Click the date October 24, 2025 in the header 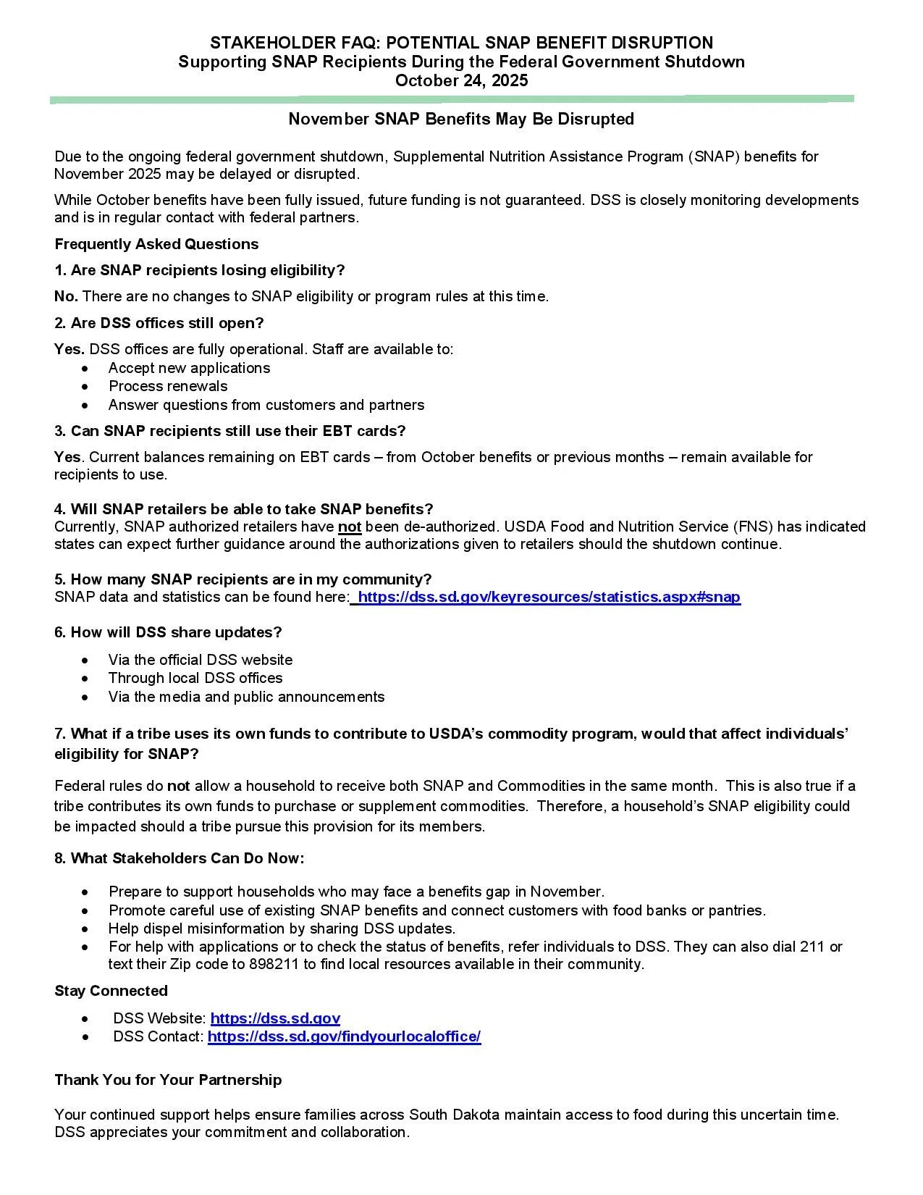tap(461, 80)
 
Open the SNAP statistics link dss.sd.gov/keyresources tap(549, 597)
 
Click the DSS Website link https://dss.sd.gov tap(275, 1018)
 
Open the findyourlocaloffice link tap(344, 1036)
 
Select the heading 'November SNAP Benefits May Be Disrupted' tap(461, 119)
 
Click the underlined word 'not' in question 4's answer tap(350, 527)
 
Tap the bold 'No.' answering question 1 tap(67, 296)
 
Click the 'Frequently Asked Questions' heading tap(156, 244)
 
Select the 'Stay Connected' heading tap(111, 991)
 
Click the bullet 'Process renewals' tap(168, 386)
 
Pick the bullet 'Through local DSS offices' tap(195, 678)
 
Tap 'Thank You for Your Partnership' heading tap(168, 1080)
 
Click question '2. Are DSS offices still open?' tap(159, 322)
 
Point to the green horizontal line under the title tap(452, 99)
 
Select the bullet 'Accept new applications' tap(189, 368)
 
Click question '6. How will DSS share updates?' tap(168, 632)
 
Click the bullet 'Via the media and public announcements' tap(246, 697)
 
